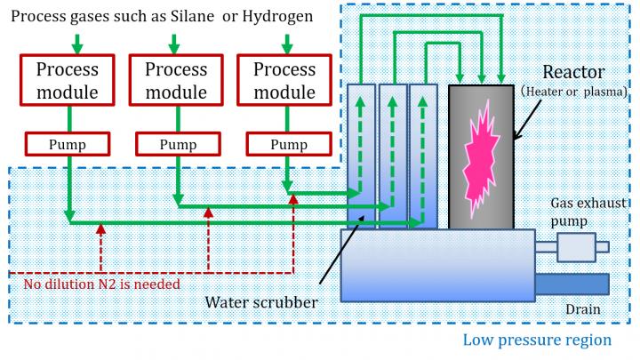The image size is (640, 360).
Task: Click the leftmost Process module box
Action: [x=68, y=81]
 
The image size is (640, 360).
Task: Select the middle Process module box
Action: [x=176, y=81]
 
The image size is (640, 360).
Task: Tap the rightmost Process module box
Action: [x=285, y=81]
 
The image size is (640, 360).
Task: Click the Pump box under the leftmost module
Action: [x=68, y=143]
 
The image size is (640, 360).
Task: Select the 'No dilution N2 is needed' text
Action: [x=102, y=284]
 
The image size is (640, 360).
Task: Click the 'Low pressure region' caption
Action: [x=537, y=340]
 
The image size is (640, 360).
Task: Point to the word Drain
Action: [x=583, y=309]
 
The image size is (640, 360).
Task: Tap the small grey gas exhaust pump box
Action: [x=575, y=247]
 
